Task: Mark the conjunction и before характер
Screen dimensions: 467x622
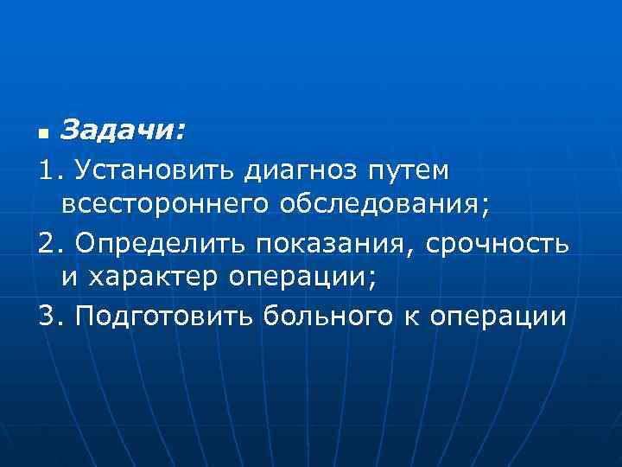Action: [69, 282]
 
